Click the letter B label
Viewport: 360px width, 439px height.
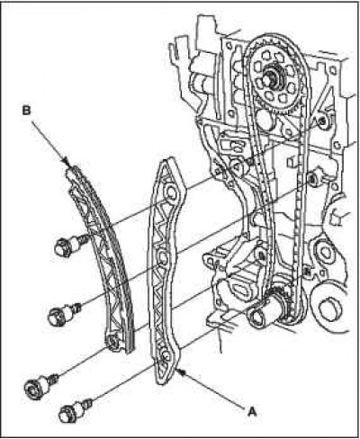point(26,111)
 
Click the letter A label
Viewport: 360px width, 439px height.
point(252,411)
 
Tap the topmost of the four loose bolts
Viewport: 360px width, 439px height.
point(70,245)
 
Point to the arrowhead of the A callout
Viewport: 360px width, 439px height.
point(182,372)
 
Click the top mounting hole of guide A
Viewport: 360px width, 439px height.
point(171,193)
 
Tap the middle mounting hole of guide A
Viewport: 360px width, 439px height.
point(162,257)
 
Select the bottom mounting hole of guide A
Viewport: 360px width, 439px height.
point(165,356)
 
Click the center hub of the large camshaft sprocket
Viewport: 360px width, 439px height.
point(272,77)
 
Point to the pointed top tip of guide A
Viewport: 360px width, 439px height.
point(168,159)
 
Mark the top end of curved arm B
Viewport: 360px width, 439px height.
point(71,170)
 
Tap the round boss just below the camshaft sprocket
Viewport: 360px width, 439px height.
point(265,120)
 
